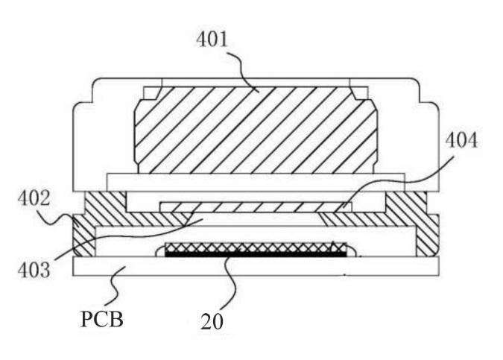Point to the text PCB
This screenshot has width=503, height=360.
click(x=102, y=320)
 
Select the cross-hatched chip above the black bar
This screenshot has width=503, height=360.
click(x=253, y=247)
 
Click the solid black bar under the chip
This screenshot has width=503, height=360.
click(x=253, y=255)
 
